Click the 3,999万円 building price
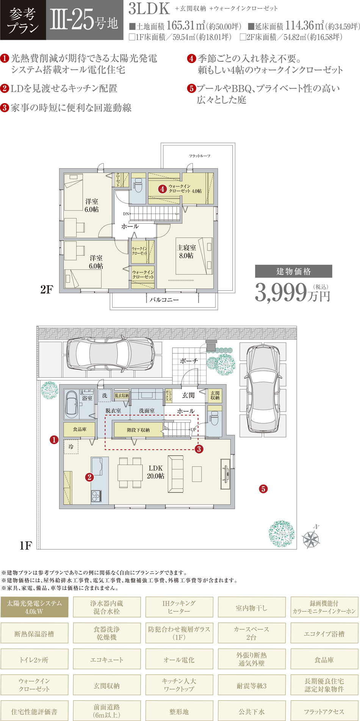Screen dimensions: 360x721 tap(293, 292)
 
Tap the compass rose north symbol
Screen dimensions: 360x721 tap(311, 538)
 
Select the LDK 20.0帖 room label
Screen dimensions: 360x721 tap(156, 472)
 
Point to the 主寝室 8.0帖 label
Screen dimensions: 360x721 tap(186, 252)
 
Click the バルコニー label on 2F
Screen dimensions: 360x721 tap(164, 299)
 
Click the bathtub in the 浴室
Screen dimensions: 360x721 tap(72, 403)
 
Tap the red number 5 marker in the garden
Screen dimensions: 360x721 tap(263, 489)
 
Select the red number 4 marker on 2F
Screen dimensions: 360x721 tap(162, 189)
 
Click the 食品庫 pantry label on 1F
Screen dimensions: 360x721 tap(80, 429)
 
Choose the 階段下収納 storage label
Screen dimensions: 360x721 tap(138, 430)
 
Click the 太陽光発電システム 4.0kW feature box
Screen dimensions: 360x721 tap(34, 607)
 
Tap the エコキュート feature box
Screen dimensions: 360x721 tap(107, 660)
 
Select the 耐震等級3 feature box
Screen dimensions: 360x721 tap(252, 686)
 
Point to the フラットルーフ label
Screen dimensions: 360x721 tap(200, 156)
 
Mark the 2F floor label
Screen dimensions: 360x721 tap(47, 290)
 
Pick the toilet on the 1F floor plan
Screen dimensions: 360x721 tap(214, 418)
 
